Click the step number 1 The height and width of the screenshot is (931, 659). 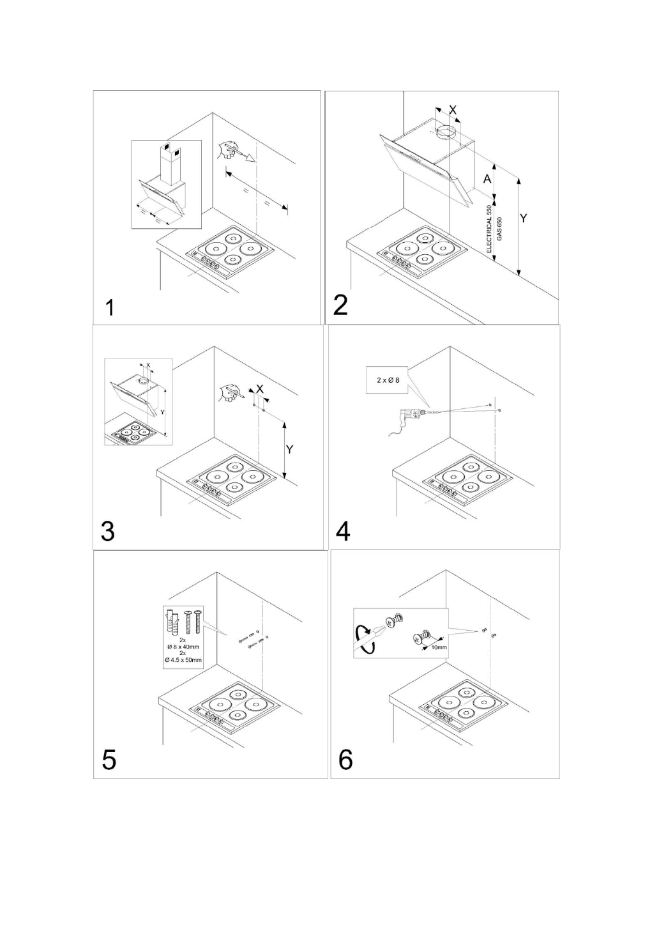click(110, 308)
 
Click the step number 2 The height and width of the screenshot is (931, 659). click(341, 305)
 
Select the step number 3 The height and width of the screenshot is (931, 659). click(108, 531)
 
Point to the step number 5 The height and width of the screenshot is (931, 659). click(109, 760)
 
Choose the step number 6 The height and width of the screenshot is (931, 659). click(345, 760)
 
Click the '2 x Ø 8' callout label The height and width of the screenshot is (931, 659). click(388, 380)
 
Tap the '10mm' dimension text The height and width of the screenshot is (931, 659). click(439, 647)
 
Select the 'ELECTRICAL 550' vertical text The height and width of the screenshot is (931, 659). click(490, 229)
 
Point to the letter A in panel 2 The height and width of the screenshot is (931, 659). click(487, 179)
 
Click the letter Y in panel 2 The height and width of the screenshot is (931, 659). click(524, 218)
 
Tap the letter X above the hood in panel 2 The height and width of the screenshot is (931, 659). click(453, 110)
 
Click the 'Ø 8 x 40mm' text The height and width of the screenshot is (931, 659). click(183, 647)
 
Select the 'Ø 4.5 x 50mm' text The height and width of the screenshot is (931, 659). click(183, 659)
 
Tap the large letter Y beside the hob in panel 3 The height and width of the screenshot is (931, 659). click(289, 449)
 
